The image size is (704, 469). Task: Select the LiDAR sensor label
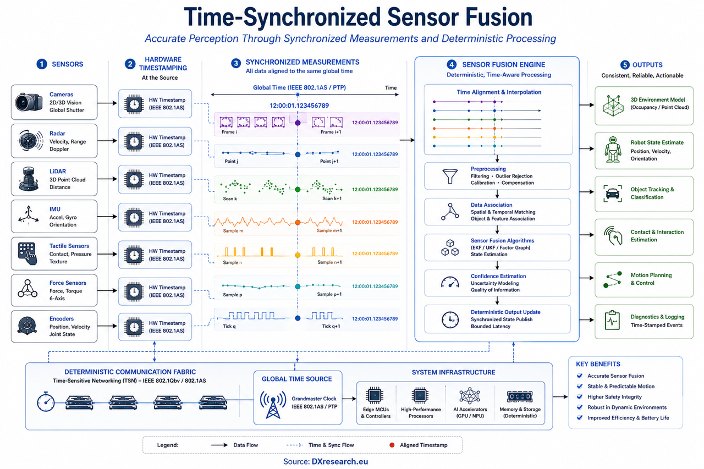pos(58,171)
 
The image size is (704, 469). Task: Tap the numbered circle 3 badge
pos(236,63)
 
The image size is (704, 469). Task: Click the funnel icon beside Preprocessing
pos(450,176)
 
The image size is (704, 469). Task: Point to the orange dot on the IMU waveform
pos(298,223)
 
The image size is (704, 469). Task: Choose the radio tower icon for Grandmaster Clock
pos(273,405)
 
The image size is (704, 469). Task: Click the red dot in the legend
pos(392,445)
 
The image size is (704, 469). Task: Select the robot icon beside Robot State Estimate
pos(613,150)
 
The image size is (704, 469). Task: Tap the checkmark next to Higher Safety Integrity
pos(580,396)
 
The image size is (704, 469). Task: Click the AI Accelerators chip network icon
pos(470,396)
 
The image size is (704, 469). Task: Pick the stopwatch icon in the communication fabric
pos(46,401)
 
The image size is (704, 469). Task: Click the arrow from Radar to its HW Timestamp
pos(107,141)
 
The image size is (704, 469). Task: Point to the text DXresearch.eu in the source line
pos(340,461)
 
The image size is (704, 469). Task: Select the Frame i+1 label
pos(331,132)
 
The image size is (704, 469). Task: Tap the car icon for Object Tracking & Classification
pos(613,194)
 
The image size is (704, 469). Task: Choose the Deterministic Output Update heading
pos(505,312)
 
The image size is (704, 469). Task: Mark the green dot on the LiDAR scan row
pos(298,190)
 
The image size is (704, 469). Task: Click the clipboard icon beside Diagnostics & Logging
pos(612,320)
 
